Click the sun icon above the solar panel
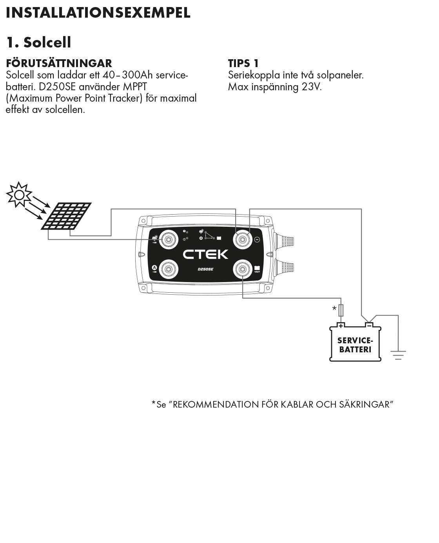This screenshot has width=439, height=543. [x=18, y=194]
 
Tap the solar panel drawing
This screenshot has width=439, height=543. [x=66, y=216]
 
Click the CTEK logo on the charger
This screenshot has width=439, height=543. [x=205, y=254]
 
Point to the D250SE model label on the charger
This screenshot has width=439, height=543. [x=205, y=269]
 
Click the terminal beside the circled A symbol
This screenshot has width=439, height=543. [x=169, y=269]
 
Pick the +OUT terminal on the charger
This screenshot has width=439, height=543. [x=243, y=269]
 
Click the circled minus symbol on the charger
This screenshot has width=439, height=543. [x=258, y=239]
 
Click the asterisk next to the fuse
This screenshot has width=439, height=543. [x=334, y=309]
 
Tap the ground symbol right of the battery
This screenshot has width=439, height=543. [x=398, y=355]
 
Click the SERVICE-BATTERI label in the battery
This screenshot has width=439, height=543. [x=355, y=345]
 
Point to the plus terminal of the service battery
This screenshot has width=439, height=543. [x=341, y=325]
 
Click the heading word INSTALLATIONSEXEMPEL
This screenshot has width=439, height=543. [x=98, y=13]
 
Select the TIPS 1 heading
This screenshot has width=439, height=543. [x=243, y=63]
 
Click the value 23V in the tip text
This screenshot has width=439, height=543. [x=311, y=87]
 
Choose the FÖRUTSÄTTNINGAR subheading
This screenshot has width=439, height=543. [x=59, y=63]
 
